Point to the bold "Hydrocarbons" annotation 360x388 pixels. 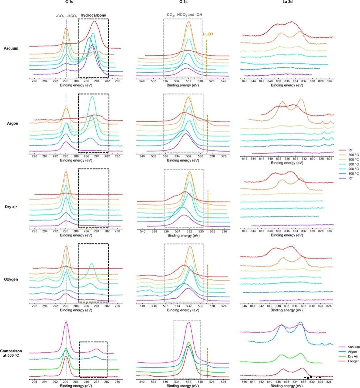93,15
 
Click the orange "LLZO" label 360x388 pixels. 208,34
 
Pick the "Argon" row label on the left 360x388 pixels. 13,124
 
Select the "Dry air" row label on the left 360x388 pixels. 12,207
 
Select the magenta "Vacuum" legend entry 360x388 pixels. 353,347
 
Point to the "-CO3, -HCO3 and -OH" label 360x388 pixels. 184,15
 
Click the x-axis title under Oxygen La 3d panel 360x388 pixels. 287,310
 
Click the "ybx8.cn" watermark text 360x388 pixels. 311,378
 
